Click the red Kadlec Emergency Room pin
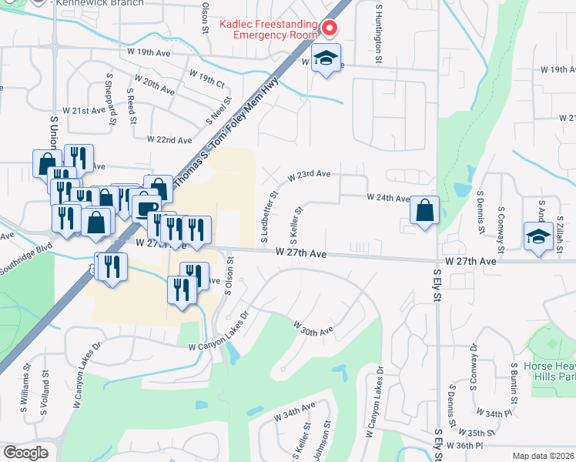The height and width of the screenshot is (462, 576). coord(330,28)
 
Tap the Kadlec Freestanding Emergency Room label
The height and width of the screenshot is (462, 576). coord(268,29)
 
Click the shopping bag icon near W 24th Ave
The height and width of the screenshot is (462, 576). coord(424,209)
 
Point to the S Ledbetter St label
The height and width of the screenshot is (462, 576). coord(270,217)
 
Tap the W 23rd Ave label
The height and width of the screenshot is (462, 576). coord(309,175)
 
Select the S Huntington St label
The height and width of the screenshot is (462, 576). coord(379,32)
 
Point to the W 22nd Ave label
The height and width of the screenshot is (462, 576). coord(169,140)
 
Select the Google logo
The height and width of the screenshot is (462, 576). coord(25,453)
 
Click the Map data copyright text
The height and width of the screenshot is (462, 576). coord(543,456)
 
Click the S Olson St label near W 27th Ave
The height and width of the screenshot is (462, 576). coord(229,270)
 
